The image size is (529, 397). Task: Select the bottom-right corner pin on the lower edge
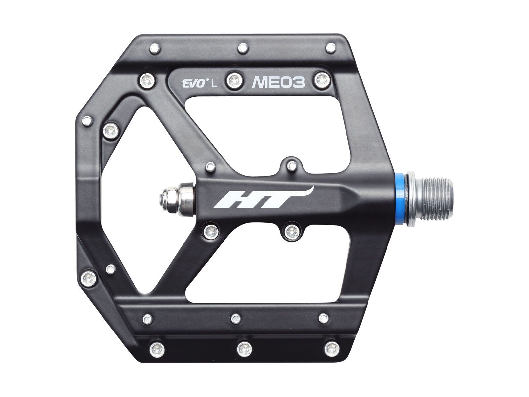tap(331, 347)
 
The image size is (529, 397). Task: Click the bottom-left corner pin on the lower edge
tap(155, 347)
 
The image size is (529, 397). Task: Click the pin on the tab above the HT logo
tap(291, 164)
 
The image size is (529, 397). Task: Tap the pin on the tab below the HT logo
tap(291, 232)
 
